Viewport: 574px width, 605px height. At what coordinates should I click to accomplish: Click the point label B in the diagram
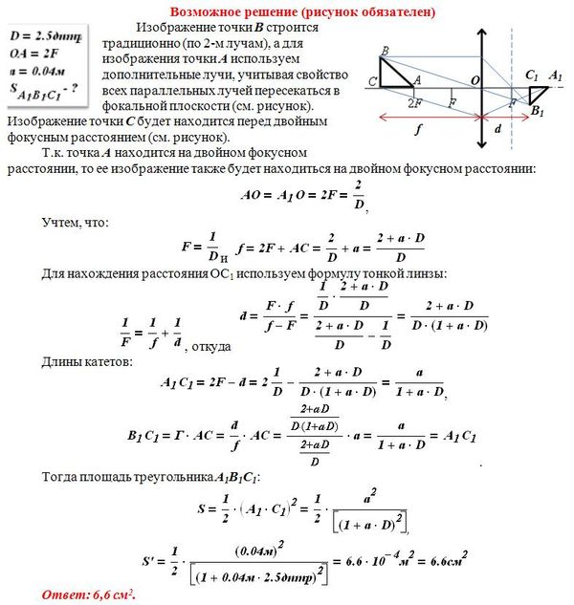(x=384, y=50)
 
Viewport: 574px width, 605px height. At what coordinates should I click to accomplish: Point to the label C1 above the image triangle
(x=532, y=74)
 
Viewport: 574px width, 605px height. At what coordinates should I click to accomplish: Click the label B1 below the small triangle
(x=538, y=113)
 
